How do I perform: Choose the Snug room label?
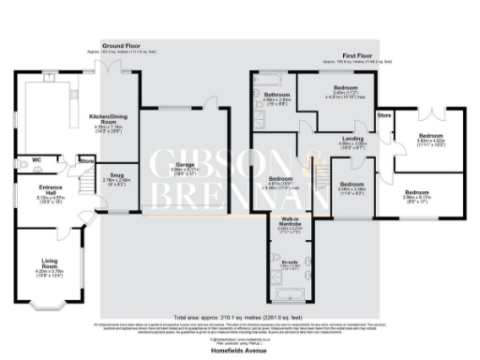(117, 174)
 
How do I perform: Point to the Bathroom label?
(276, 95)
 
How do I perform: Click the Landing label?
(353, 140)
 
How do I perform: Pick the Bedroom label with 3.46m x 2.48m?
(352, 185)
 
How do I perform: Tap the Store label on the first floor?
(383, 115)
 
